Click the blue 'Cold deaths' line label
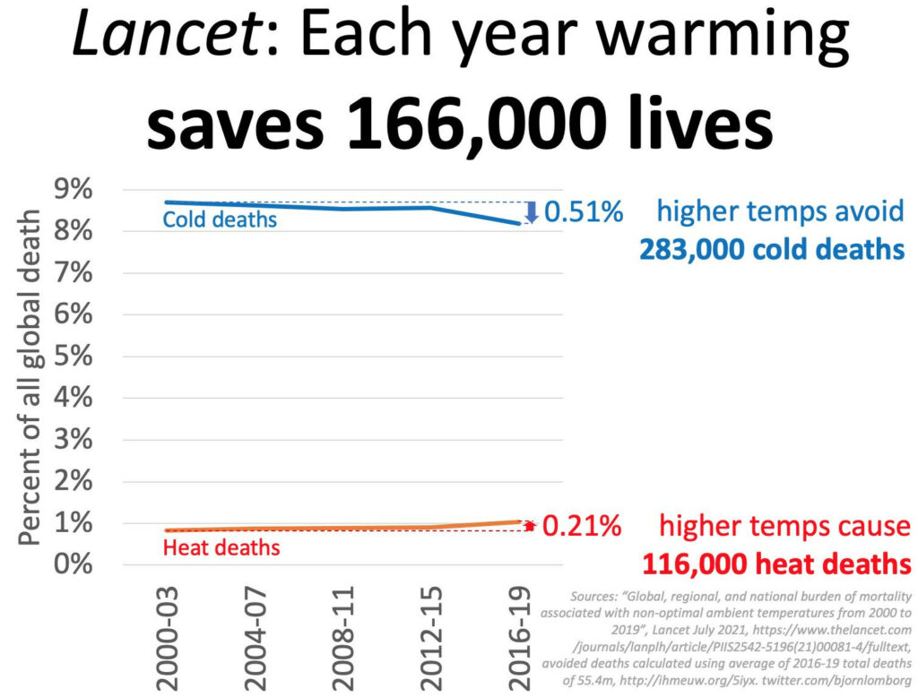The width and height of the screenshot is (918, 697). point(220,219)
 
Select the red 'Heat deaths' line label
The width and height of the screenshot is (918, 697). point(221,546)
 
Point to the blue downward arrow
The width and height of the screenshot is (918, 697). point(531,212)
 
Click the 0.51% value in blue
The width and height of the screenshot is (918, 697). point(583,212)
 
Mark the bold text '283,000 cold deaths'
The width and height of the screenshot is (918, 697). point(772,248)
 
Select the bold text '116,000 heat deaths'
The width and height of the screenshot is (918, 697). point(776,564)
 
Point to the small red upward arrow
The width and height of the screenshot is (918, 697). point(530,526)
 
